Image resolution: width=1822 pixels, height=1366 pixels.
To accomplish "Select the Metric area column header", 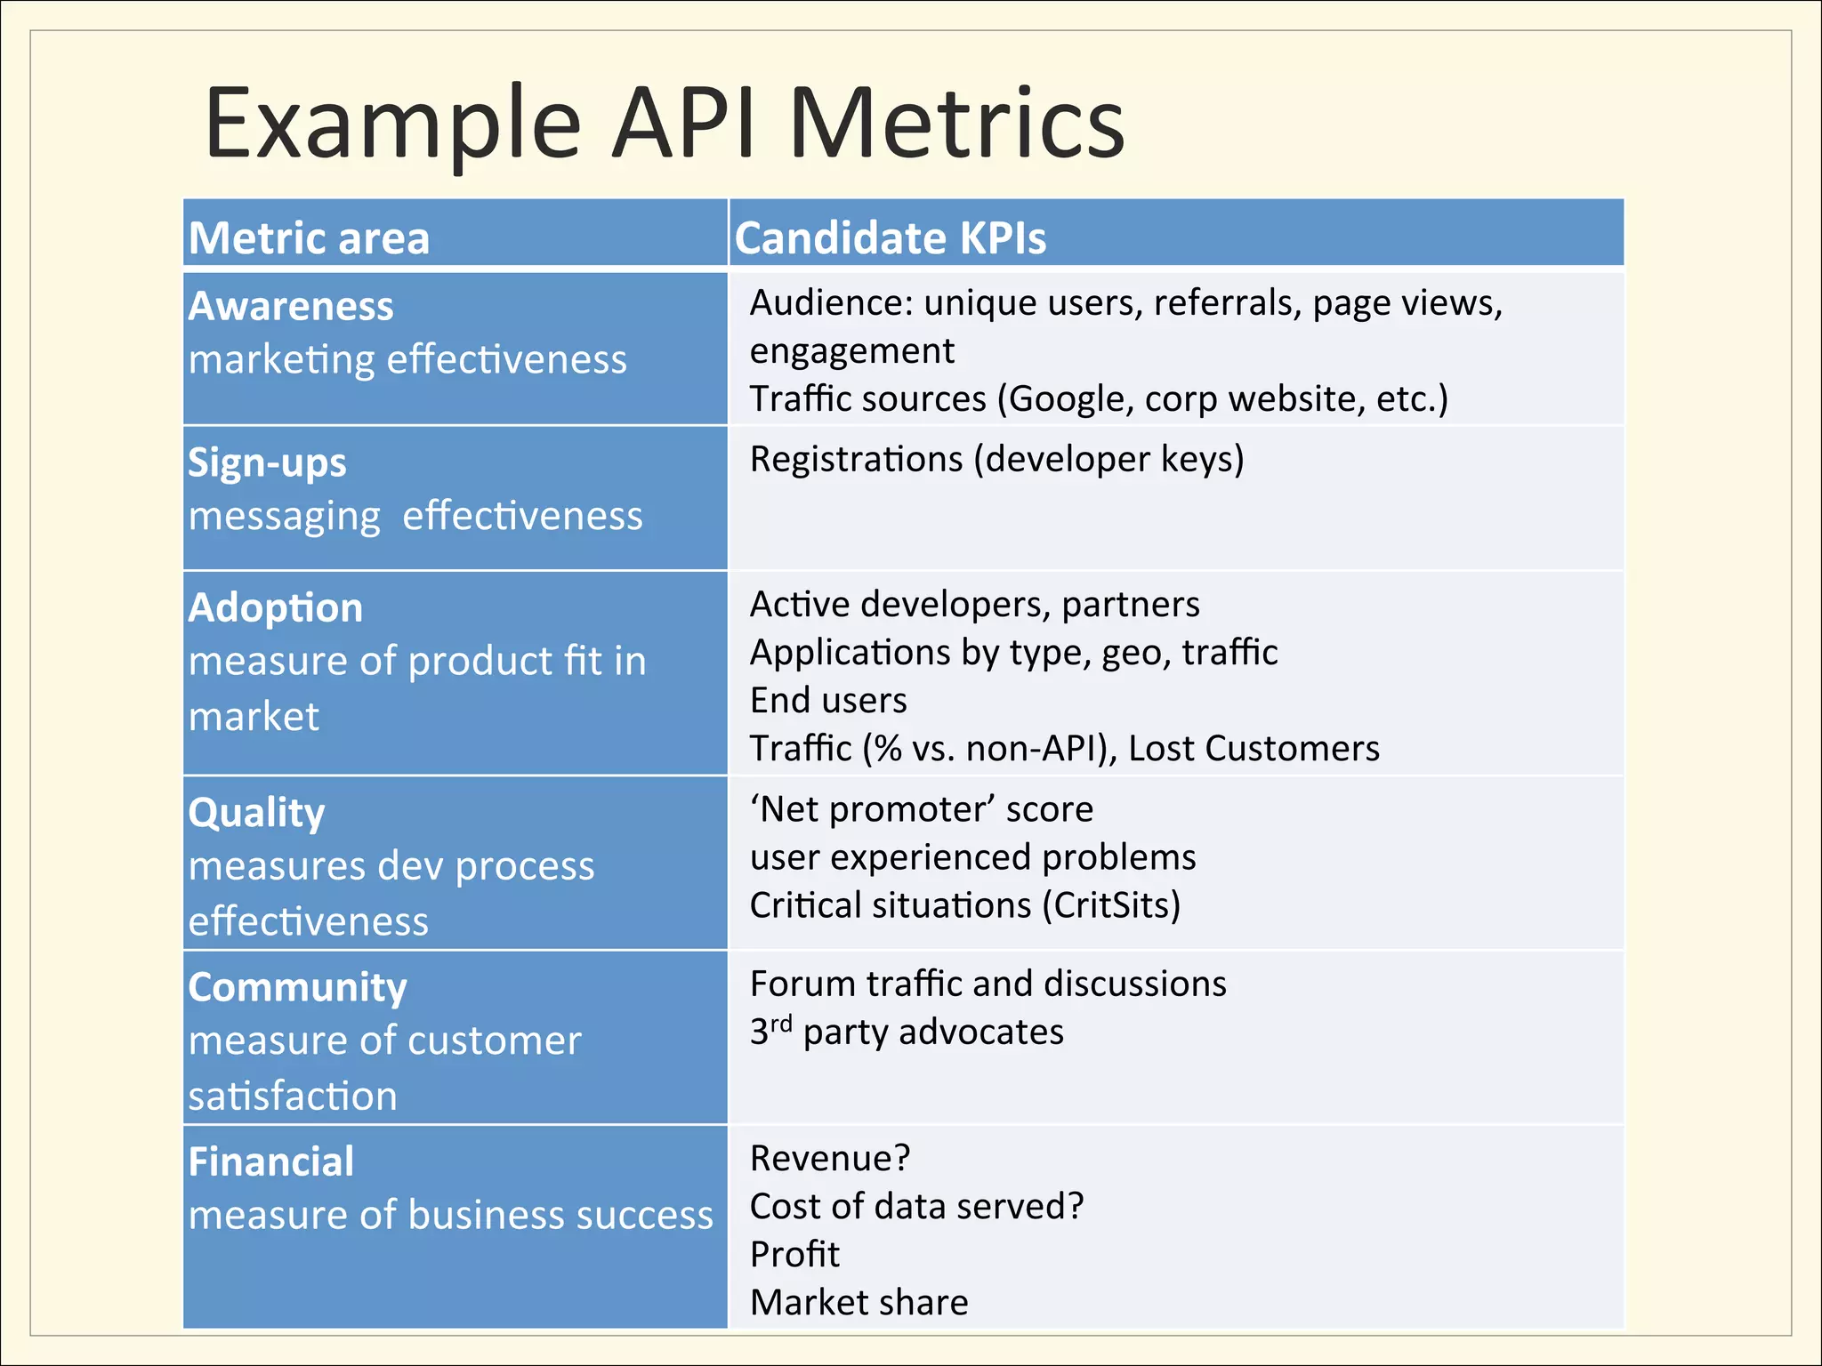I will (309, 238).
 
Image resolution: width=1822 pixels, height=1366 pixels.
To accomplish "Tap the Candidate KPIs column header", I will (890, 238).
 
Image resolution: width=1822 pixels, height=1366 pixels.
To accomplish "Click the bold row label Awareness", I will (291, 307).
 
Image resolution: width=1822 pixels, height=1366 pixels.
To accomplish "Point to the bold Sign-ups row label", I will (267, 463).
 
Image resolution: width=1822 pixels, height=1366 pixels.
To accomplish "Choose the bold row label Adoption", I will (276, 608).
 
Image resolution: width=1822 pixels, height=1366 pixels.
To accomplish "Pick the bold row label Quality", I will (256, 813).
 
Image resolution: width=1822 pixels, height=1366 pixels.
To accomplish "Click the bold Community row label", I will (297, 988).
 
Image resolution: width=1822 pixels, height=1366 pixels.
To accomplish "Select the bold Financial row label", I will (271, 1162).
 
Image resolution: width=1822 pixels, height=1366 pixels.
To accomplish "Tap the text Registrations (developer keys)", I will (996, 460).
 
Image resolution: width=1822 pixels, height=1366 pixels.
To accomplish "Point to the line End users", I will (828, 701).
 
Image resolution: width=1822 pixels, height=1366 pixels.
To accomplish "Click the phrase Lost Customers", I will (1254, 749).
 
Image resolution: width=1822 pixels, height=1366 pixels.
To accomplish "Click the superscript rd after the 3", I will (780, 1024).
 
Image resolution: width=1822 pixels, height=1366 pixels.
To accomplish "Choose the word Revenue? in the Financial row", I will (830, 1159).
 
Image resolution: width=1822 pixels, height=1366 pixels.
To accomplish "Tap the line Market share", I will (859, 1303).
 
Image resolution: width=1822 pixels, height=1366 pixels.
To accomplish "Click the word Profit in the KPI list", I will (794, 1255).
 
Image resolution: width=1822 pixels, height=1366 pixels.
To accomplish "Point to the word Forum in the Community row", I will (802, 984).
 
